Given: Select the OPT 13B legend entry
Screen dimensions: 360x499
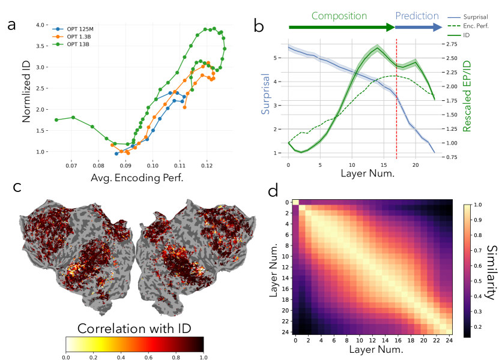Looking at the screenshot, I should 77,44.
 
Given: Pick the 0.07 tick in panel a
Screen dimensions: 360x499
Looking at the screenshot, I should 71,165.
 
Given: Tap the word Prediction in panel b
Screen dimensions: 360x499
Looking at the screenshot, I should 420,16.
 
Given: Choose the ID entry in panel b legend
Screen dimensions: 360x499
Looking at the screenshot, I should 467,36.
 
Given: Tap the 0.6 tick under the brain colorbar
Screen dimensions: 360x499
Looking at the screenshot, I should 148,357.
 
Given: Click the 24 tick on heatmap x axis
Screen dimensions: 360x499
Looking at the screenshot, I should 448,340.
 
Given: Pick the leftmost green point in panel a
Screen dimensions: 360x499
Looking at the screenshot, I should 56,120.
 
